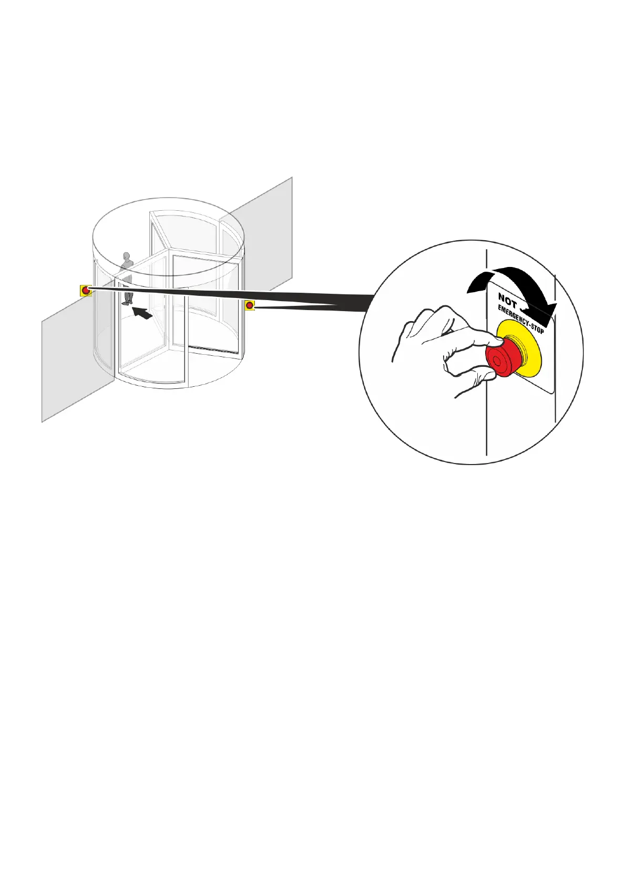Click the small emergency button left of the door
(86, 290)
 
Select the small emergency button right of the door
(250, 305)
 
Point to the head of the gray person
(126, 256)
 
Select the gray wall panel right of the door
(268, 231)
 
